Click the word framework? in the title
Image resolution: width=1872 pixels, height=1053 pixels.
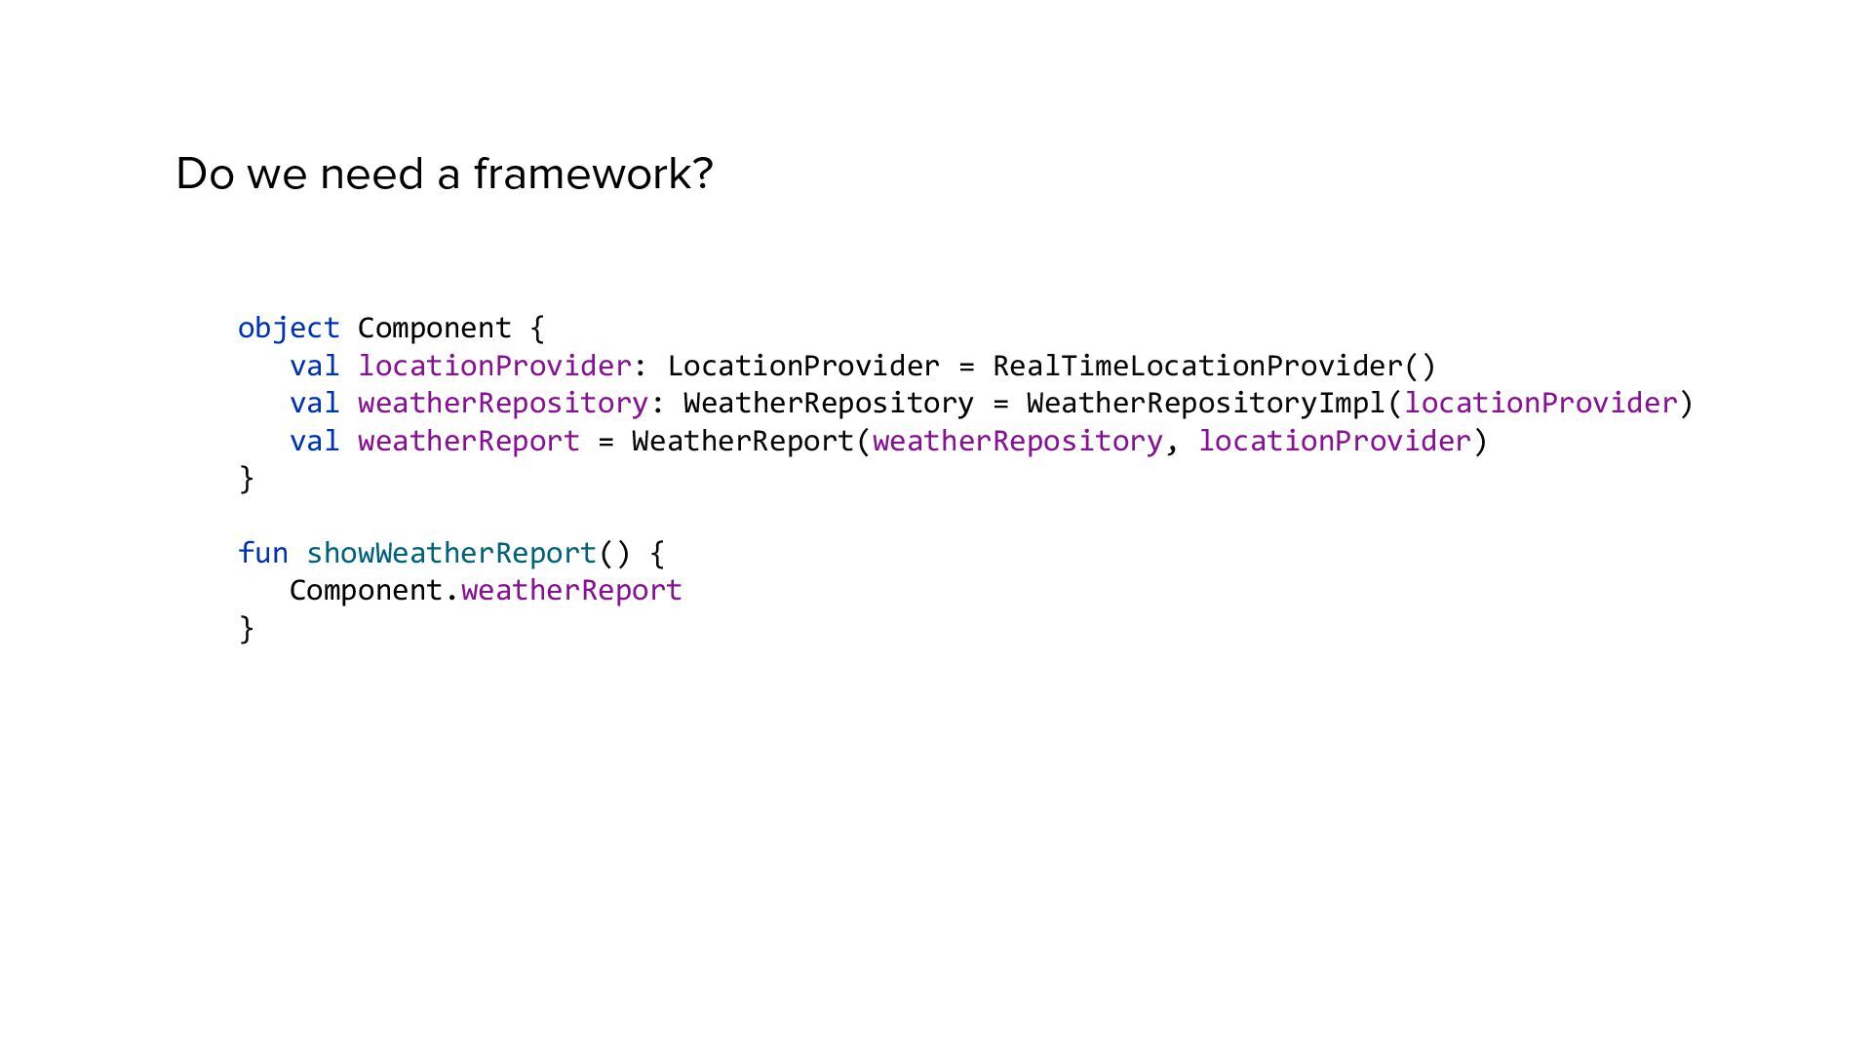pyautogui.click(x=593, y=175)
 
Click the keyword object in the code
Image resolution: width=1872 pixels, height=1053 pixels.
pyautogui.click(x=289, y=329)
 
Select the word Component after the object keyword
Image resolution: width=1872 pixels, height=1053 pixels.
pyautogui.click(x=434, y=329)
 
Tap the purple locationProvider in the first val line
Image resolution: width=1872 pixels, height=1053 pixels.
pyautogui.click(x=495, y=367)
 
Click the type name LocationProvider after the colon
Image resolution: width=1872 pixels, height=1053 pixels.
pyautogui.click(x=803, y=367)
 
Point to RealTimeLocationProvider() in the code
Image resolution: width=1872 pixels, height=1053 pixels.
pyautogui.click(x=1214, y=367)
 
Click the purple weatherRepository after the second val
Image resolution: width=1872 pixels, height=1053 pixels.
pyautogui.click(x=503, y=404)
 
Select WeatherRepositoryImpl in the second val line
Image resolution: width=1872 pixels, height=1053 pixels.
pyautogui.click(x=1206, y=404)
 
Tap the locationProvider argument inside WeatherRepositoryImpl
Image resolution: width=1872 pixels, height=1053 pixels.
pyautogui.click(x=1540, y=404)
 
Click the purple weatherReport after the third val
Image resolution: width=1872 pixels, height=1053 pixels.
pyautogui.click(x=469, y=442)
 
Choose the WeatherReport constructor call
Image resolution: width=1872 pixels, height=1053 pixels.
pyautogui.click(x=743, y=442)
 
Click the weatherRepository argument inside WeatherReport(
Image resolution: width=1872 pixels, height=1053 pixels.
pyautogui.click(x=1017, y=442)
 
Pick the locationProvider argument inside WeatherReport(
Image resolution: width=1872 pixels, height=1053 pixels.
pyautogui.click(x=1335, y=442)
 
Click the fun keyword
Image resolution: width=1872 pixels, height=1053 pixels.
pyautogui.click(x=263, y=554)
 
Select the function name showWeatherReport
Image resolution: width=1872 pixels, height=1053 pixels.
pyautogui.click(x=451, y=554)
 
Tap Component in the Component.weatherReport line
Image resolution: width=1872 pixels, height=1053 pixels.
pyautogui.click(x=367, y=591)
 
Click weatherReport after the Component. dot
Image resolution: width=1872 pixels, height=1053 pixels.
pyautogui.click(x=571, y=591)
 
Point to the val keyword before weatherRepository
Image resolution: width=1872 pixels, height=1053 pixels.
pyautogui.click(x=314, y=404)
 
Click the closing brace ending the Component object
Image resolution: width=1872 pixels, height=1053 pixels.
pyautogui.click(x=246, y=479)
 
